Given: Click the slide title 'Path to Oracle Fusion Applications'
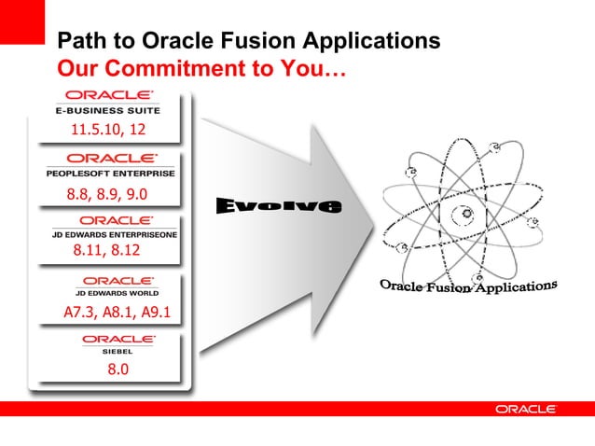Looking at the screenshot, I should click(x=249, y=41).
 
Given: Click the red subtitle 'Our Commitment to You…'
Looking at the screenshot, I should click(x=201, y=68).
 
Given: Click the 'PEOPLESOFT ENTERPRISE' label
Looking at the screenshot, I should click(x=111, y=173).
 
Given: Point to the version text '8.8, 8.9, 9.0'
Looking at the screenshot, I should click(x=107, y=195).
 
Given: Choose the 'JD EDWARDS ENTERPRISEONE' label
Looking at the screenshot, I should click(x=114, y=234).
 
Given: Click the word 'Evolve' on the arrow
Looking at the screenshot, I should click(x=280, y=204).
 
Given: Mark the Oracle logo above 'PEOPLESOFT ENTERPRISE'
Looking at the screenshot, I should click(x=111, y=159).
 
